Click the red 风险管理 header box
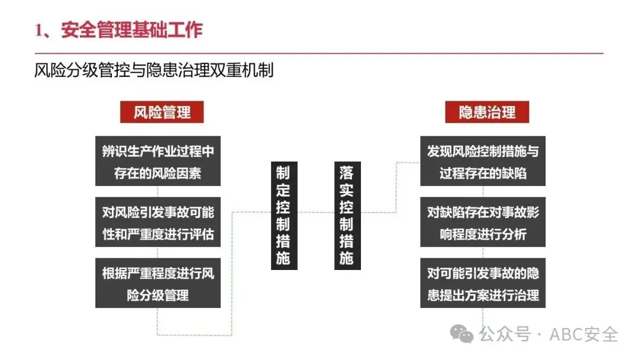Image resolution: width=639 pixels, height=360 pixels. pyautogui.click(x=162, y=112)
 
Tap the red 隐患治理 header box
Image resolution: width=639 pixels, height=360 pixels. pyautogui.click(x=486, y=112)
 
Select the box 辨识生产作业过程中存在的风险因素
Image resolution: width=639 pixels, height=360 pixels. pyautogui.click(x=157, y=162)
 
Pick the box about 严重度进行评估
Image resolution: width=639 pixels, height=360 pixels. pyautogui.click(x=157, y=222)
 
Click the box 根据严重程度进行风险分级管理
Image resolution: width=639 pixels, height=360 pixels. pyautogui.click(x=157, y=283)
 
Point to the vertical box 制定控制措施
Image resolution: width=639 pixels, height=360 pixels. pyautogui.click(x=283, y=215)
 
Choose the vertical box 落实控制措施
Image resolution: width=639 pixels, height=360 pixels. pyautogui.click(x=347, y=215)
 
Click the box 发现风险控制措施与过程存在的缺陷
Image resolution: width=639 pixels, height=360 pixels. pyautogui.click(x=483, y=162)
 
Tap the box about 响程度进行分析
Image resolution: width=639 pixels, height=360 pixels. pyautogui.click(x=483, y=222)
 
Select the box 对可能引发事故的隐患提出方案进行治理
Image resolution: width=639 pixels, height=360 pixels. pyautogui.click(x=483, y=283)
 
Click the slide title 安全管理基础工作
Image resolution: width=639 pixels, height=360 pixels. pyautogui.click(x=131, y=30)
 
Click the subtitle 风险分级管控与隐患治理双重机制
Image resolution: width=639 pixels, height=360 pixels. pyautogui.click(x=154, y=70)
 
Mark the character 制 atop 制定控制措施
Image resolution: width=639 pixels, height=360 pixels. pyautogui.click(x=283, y=172)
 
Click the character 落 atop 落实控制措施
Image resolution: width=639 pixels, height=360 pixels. pyautogui.click(x=347, y=172)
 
